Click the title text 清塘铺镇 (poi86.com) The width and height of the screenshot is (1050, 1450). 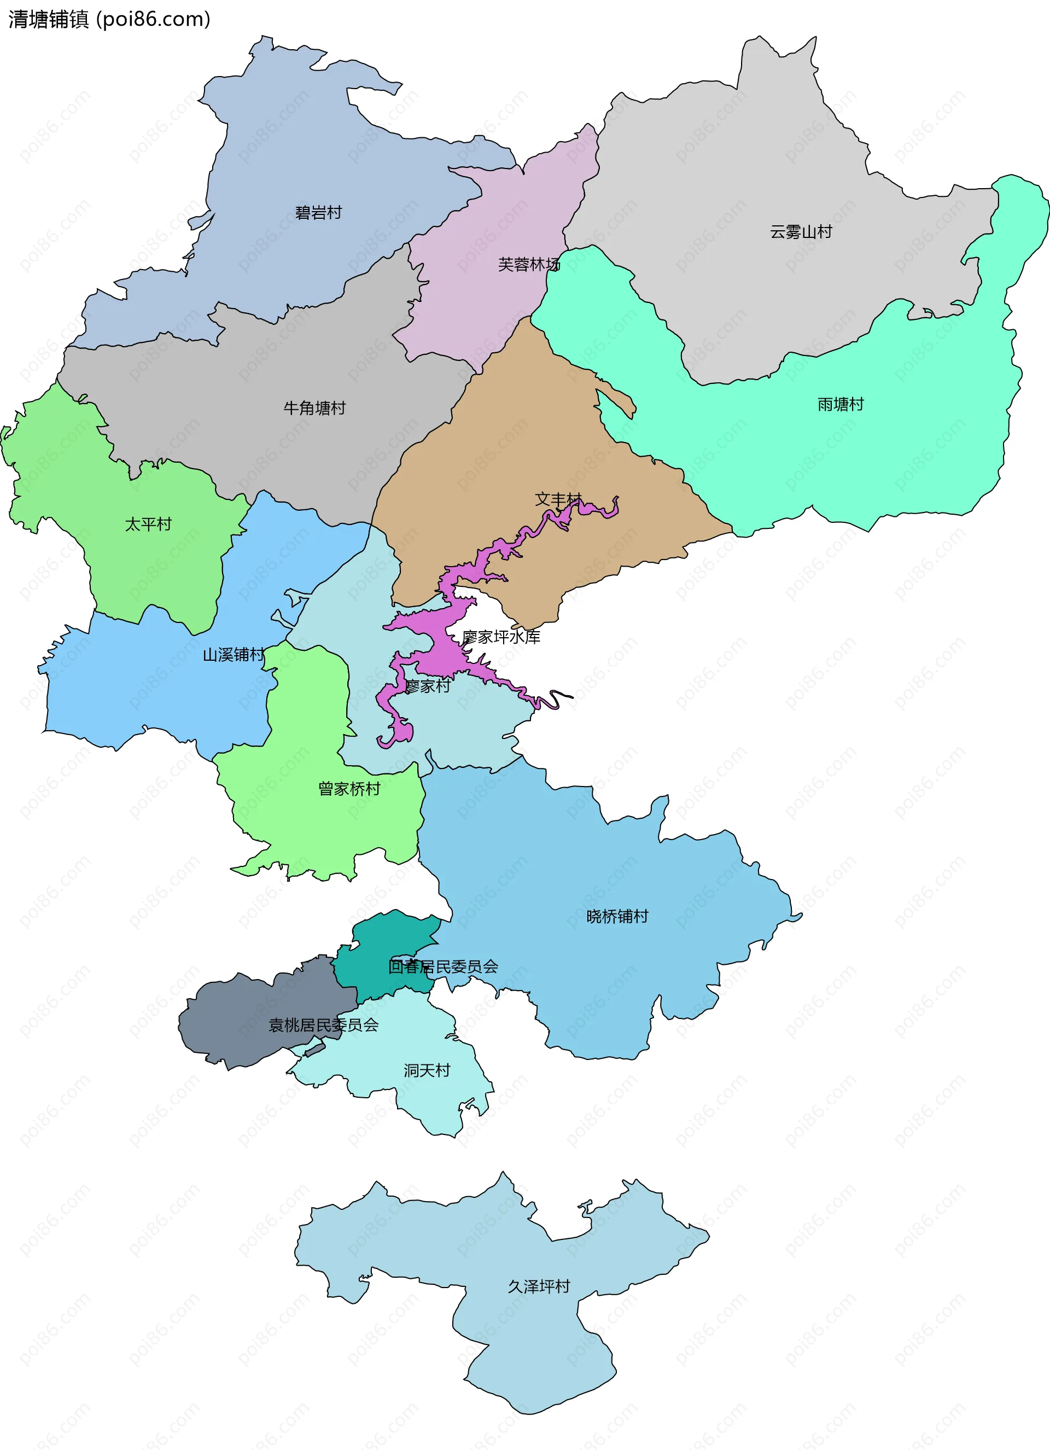109,19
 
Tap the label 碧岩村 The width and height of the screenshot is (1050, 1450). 318,212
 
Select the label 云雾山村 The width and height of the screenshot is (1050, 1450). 801,231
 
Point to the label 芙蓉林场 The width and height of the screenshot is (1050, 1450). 528,264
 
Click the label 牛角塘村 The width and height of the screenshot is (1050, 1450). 314,407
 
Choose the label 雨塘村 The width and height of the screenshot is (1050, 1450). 841,404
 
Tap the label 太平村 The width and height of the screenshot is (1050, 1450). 148,523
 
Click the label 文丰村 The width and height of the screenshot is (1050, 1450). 558,499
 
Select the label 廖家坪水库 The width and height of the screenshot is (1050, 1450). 501,636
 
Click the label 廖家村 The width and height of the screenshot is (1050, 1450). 428,686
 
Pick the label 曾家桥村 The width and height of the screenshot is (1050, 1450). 349,788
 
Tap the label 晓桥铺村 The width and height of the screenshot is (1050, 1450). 617,916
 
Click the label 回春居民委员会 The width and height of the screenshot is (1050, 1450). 443,966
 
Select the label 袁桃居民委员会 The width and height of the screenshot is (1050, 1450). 323,1025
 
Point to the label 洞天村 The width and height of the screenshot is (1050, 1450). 427,1070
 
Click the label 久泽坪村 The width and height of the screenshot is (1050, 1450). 539,1286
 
